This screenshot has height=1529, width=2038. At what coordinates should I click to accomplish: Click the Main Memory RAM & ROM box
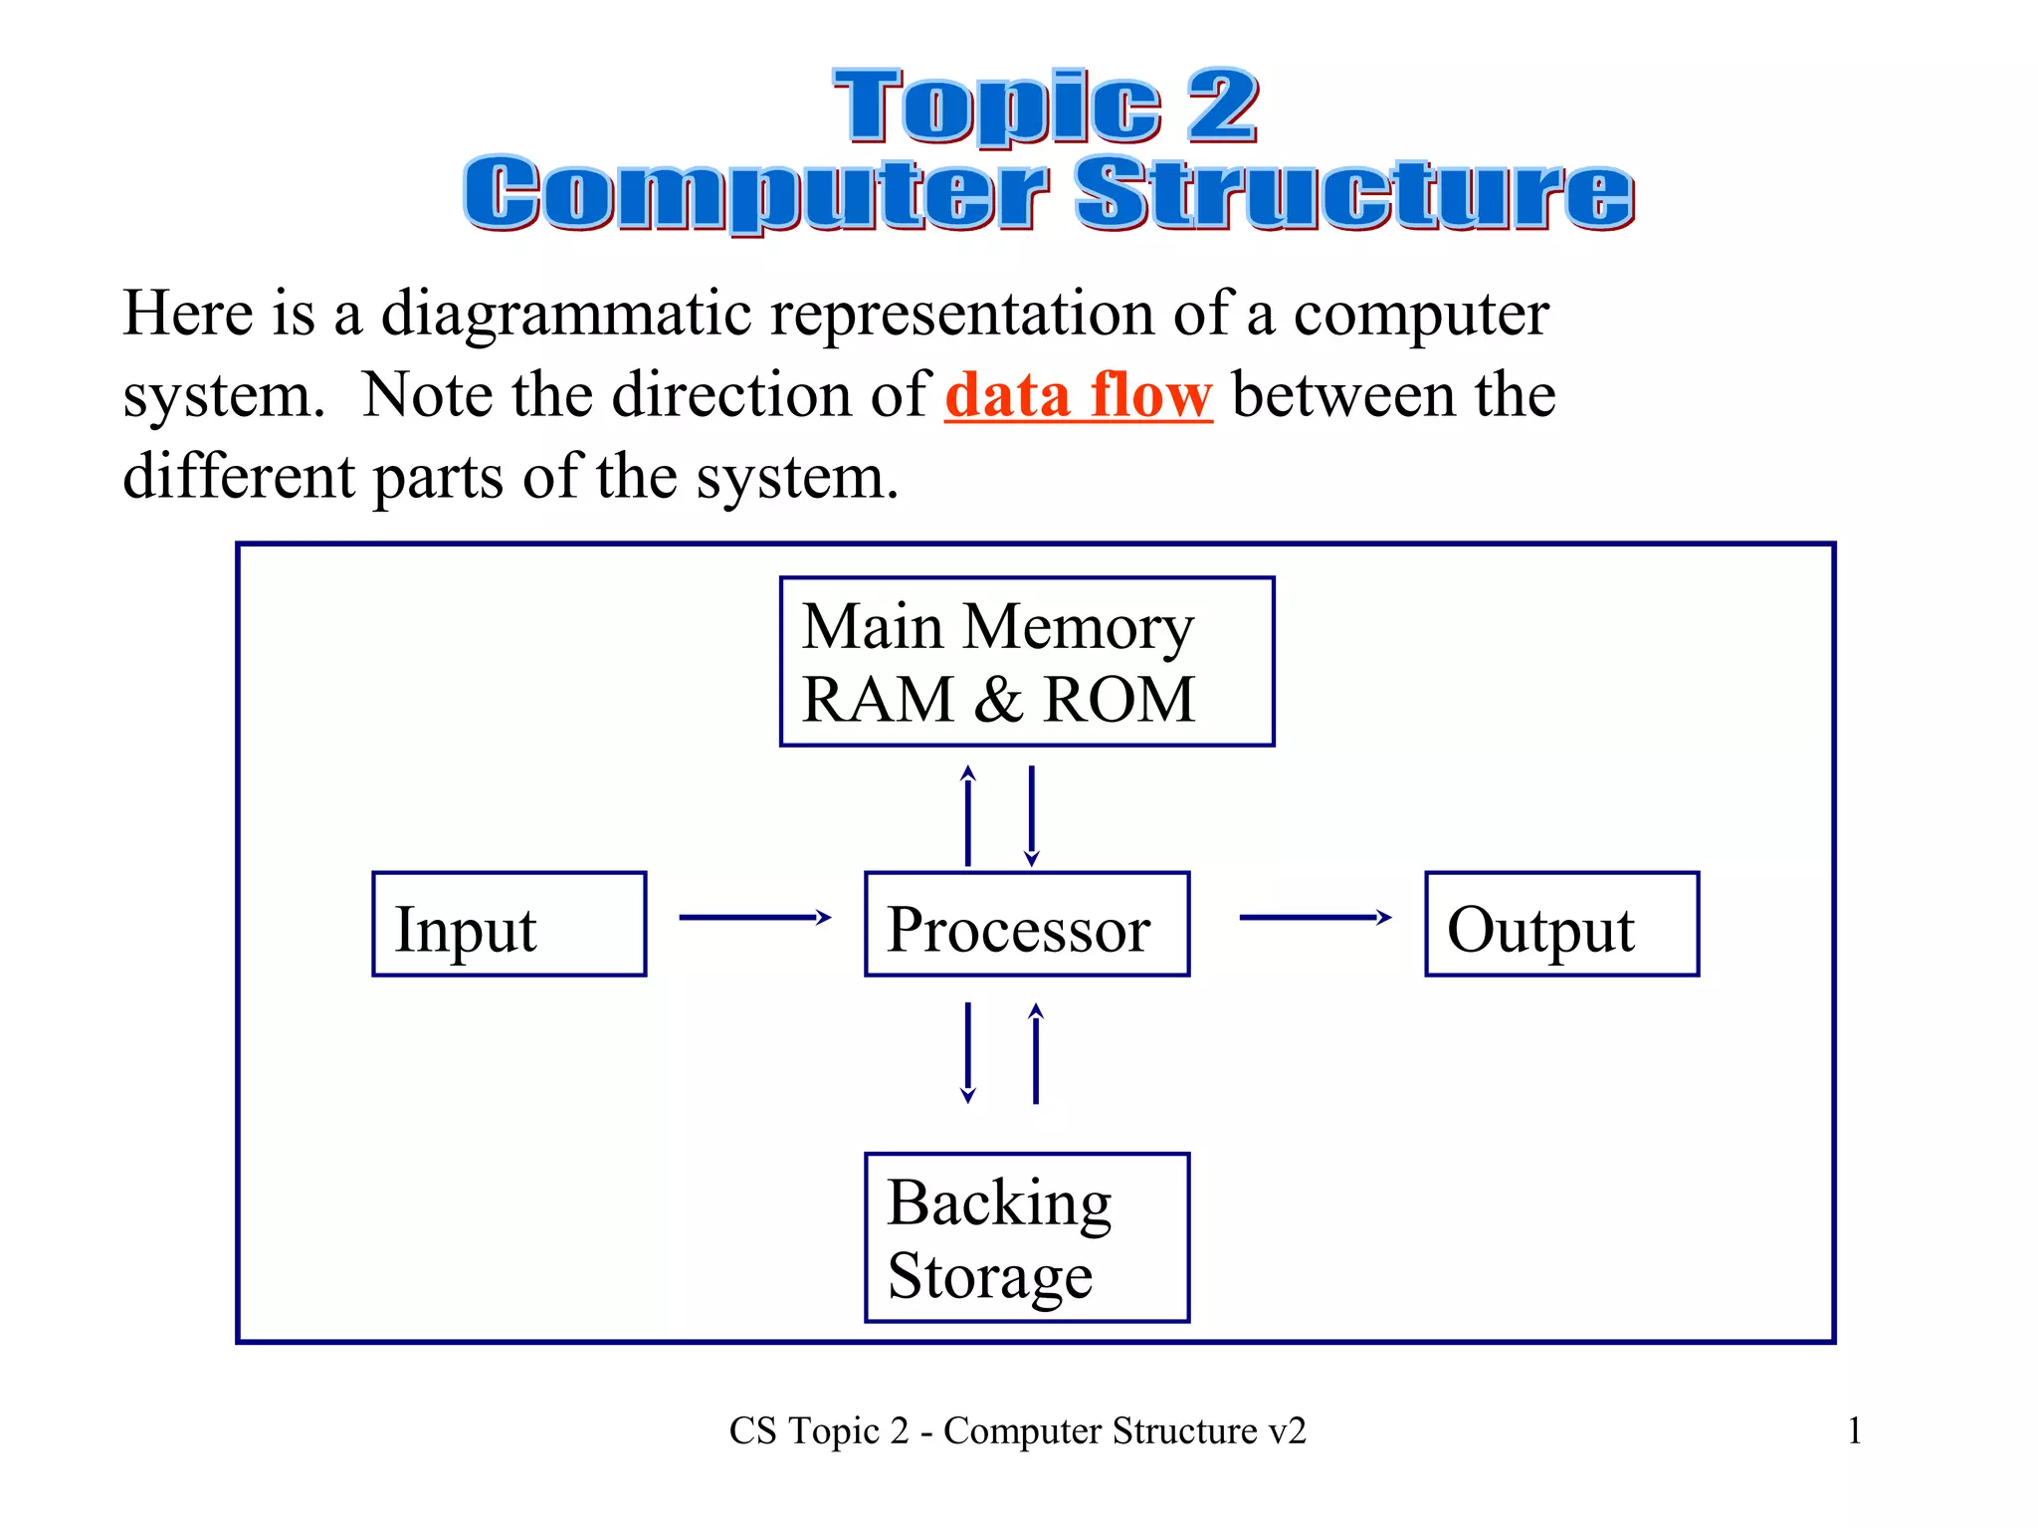pos(1027,661)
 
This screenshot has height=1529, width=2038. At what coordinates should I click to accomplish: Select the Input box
pos(509,924)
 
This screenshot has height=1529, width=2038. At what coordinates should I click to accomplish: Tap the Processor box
pos(1027,924)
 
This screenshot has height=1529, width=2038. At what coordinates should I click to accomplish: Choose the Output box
pos(1561,924)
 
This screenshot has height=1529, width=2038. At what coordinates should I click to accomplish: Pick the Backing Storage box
pos(1027,1237)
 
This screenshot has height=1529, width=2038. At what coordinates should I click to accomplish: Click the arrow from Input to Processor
pos(754,917)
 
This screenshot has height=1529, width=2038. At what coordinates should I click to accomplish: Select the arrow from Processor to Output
pos(1315,917)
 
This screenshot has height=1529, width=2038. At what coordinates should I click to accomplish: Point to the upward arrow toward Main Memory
pos(968,816)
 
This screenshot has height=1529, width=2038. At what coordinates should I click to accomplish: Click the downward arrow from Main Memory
pos(1032,816)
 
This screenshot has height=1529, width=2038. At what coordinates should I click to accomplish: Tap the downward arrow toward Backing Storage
pos(968,1053)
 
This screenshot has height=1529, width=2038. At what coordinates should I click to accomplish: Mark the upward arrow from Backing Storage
pos(1036,1053)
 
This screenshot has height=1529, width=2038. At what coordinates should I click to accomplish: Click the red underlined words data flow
pos(1079,395)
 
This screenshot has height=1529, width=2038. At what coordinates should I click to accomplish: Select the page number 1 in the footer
pos(1854,1430)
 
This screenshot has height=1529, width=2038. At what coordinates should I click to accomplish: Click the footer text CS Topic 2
pos(818,1430)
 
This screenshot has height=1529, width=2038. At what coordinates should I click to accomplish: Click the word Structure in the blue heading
pos(1353,193)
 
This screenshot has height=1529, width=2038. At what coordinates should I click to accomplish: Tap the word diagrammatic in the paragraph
pos(566,315)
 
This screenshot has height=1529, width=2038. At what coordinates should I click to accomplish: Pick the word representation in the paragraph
pos(960,315)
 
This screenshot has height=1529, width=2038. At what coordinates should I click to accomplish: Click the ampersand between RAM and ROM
pos(998,699)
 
